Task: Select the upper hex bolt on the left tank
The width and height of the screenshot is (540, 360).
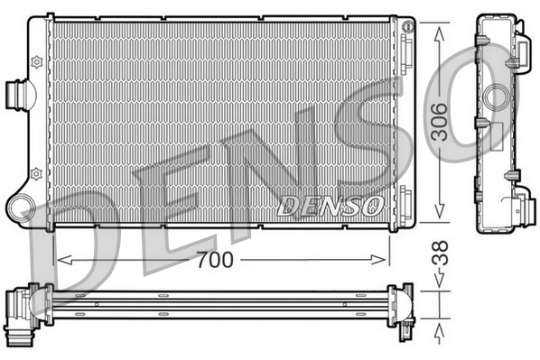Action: click(x=36, y=61)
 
